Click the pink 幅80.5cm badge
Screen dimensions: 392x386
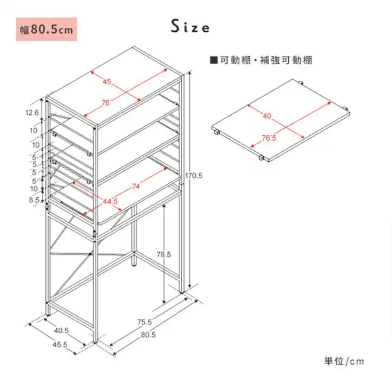(x=46, y=29)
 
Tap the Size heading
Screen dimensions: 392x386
(x=190, y=26)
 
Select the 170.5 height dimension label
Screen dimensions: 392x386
(x=193, y=176)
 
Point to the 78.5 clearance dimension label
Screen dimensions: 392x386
(x=164, y=254)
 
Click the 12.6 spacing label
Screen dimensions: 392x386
(x=32, y=113)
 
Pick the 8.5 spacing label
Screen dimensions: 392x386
(x=34, y=200)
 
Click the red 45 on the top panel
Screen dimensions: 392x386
(x=107, y=82)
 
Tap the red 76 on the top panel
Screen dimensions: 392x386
(x=106, y=102)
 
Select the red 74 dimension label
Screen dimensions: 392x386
(x=136, y=186)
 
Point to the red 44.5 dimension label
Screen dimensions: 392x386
(x=110, y=201)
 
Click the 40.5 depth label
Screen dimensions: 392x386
(x=61, y=330)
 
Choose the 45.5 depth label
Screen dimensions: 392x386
(x=60, y=345)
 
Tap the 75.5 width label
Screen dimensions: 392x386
(x=144, y=322)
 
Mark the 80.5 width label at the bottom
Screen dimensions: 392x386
(x=148, y=334)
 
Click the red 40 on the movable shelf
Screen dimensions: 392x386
(x=267, y=116)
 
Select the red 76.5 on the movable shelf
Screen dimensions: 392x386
(x=269, y=138)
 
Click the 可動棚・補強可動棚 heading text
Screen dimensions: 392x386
(x=266, y=60)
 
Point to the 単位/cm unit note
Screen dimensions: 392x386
(x=344, y=361)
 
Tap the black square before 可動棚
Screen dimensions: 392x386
(x=214, y=60)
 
